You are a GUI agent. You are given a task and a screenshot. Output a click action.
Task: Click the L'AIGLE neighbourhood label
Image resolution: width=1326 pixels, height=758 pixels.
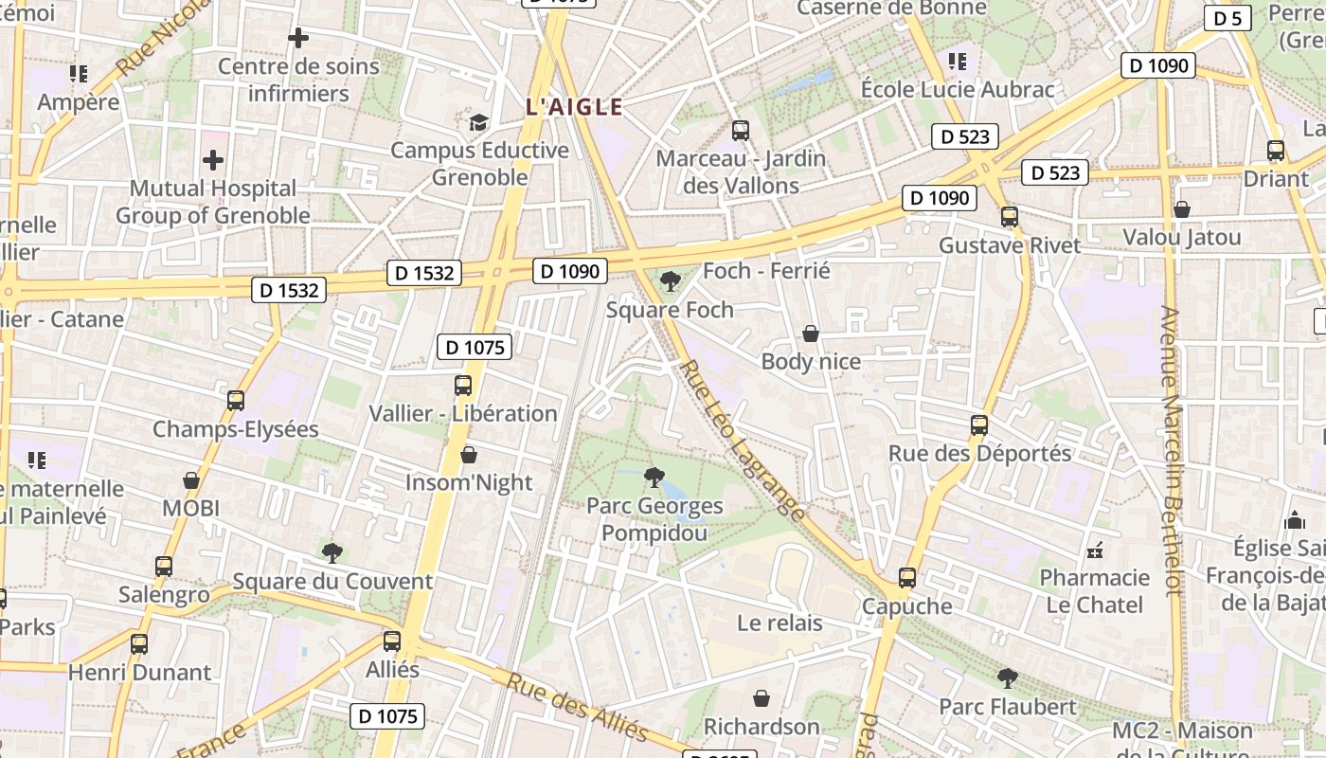574,107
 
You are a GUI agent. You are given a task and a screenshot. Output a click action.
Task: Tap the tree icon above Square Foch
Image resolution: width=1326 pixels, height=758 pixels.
671,280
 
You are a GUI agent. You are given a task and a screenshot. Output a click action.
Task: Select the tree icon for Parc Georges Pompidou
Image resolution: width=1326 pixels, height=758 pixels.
653,476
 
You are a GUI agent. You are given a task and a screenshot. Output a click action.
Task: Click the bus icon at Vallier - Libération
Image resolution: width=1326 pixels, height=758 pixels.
463,386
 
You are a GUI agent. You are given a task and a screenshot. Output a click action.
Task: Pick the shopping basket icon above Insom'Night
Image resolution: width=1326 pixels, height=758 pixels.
468,456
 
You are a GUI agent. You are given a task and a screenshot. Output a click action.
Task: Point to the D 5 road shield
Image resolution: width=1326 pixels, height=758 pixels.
1227,18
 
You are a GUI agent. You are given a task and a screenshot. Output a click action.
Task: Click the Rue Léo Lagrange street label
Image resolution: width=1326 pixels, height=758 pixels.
744,441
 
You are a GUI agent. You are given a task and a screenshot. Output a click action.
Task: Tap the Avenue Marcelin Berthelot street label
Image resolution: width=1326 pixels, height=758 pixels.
1172,450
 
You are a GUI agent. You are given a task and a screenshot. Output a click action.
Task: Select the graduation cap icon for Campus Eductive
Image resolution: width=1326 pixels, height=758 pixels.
479,122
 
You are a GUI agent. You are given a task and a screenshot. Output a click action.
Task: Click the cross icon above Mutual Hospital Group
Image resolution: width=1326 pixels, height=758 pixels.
213,160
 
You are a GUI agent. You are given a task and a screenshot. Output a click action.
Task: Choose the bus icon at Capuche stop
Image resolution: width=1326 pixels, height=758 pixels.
907,578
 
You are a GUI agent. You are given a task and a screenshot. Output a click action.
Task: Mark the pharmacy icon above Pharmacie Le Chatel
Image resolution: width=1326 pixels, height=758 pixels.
1095,550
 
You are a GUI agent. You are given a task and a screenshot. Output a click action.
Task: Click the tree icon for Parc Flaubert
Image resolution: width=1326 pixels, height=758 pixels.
1008,678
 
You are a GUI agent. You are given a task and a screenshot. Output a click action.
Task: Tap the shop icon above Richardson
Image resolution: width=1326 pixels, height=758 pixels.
762,699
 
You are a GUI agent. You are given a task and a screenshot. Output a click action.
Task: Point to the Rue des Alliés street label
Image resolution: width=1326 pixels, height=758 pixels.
577,708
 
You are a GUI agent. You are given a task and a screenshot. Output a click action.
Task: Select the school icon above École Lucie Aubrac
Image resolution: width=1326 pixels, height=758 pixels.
958,62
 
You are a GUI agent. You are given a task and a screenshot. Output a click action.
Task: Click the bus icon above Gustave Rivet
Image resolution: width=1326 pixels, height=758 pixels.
1010,217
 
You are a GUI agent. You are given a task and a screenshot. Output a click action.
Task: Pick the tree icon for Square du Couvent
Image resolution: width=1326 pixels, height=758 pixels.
331,552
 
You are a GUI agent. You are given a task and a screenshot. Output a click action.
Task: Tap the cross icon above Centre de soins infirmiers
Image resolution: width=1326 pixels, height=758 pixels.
298,38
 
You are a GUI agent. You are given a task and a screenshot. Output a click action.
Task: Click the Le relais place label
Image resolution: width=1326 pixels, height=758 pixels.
779,623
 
